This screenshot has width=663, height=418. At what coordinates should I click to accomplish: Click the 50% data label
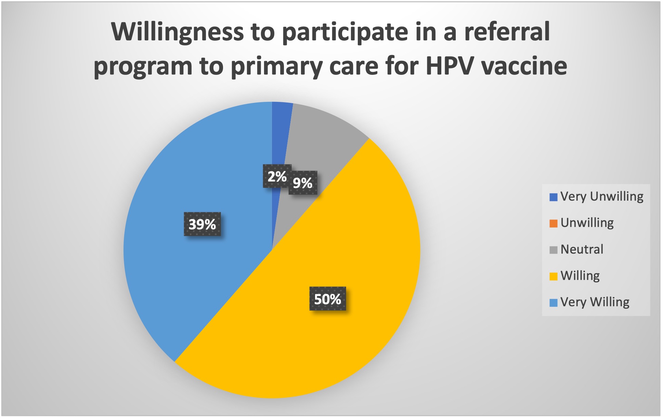pos(328,299)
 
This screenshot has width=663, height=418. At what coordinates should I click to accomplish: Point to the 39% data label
pos(202,224)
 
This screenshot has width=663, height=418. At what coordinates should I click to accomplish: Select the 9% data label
pos(303,183)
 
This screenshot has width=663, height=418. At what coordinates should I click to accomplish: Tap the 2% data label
pos(277,176)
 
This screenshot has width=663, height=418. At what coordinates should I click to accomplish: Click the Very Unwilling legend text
pos(602,197)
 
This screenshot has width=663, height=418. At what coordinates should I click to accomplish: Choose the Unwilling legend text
pos(587,223)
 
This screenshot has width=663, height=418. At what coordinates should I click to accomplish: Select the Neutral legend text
pos(582,249)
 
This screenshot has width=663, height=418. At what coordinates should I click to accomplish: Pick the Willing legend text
pos(580,276)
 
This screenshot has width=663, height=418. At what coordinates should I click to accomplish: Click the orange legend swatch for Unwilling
pos(554,224)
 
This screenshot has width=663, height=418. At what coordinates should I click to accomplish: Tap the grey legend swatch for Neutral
pos(554,250)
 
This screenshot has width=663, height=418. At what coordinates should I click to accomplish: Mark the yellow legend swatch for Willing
pos(554,276)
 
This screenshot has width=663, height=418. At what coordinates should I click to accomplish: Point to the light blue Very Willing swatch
pos(554,302)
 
